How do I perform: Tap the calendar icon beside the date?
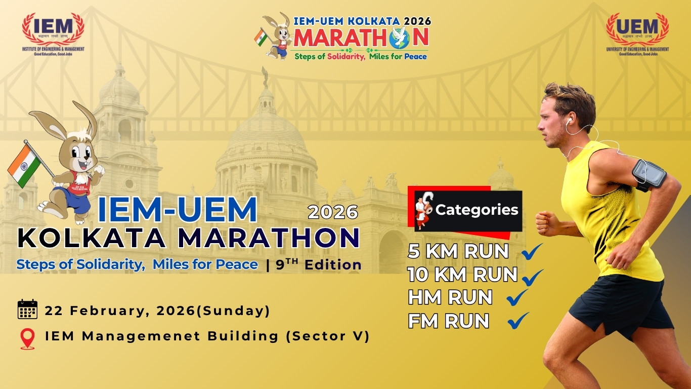(27, 309)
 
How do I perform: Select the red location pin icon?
(27, 339)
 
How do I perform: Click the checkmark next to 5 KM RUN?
(531, 251)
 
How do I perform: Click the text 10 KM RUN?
(462, 275)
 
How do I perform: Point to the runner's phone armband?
(650, 174)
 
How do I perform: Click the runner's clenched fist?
(546, 223)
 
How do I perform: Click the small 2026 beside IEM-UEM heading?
(333, 212)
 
